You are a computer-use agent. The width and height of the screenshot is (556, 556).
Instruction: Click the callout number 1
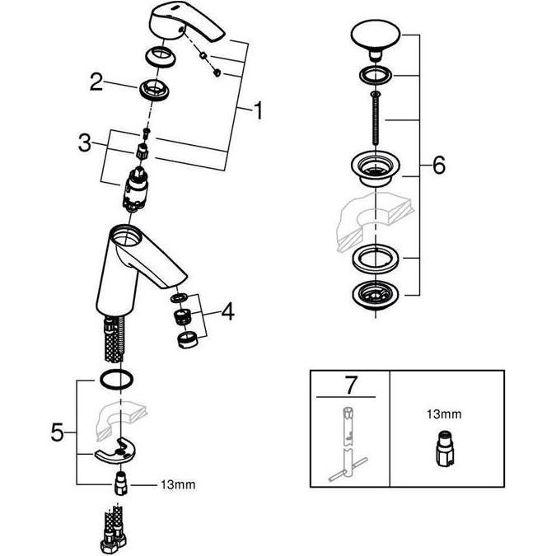coord(259,110)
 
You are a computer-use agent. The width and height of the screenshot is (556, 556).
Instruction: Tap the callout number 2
coord(96,82)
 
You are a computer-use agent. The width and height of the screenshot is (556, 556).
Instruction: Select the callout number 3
coord(85,143)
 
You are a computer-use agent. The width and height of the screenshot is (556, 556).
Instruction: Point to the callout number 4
coord(227,311)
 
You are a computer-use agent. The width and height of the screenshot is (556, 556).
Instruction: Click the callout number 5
coord(58,432)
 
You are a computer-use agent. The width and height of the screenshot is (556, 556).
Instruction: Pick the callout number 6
coord(439,165)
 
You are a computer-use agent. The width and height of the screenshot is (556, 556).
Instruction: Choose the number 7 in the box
coord(350,385)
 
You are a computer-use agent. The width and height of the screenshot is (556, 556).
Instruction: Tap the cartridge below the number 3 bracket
coord(134,189)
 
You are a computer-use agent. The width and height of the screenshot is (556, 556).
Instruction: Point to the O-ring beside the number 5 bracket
coord(117,379)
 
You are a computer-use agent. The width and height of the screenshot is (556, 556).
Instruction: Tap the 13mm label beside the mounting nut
coord(178,484)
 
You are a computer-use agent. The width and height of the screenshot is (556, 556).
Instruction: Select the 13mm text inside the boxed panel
coord(444,413)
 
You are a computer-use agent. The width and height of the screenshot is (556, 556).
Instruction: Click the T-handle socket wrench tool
coord(348,446)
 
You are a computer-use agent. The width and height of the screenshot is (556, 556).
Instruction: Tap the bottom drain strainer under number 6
coord(375,295)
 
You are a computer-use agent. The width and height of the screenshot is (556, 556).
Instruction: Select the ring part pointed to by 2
coord(153,90)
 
